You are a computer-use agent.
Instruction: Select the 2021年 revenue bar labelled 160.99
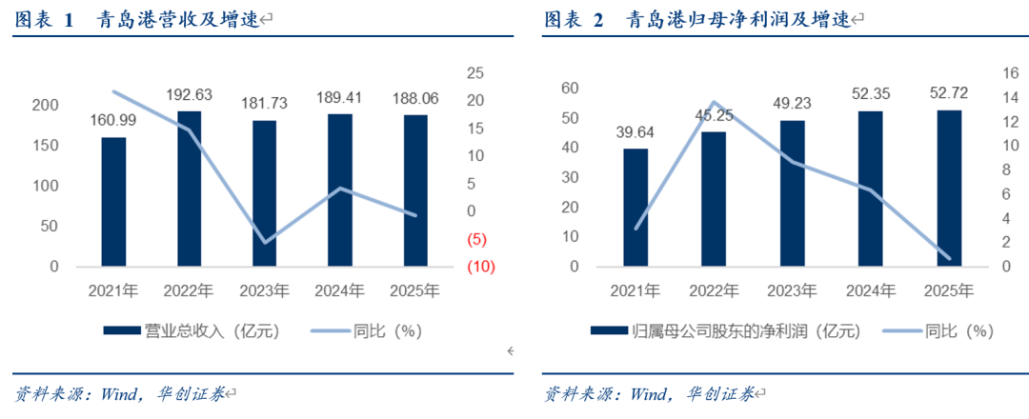[113, 202]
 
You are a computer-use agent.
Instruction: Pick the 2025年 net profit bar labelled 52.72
[949, 189]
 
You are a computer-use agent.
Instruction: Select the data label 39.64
[636, 131]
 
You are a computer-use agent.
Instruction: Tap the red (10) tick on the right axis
[479, 267]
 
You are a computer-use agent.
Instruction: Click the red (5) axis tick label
[477, 239]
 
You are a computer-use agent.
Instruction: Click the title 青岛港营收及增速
[177, 20]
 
